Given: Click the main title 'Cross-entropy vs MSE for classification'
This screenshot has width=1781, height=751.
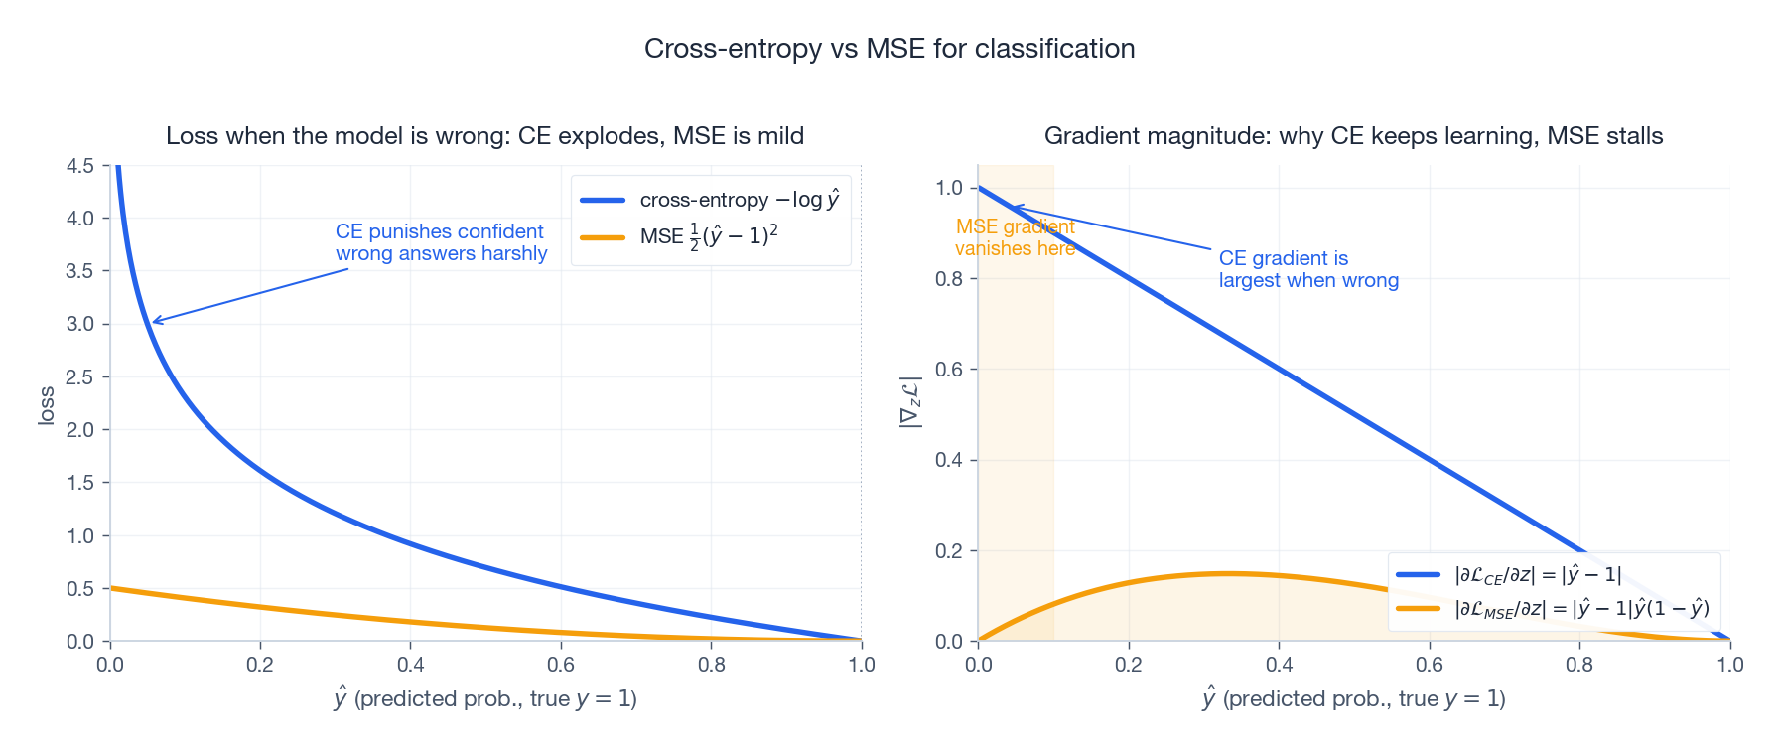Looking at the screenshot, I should (889, 48).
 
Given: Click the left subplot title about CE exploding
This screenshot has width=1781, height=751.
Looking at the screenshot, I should (484, 136).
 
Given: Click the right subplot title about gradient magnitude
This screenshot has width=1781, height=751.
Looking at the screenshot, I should (1353, 136).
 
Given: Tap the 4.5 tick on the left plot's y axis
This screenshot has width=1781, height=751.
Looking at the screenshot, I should (80, 166).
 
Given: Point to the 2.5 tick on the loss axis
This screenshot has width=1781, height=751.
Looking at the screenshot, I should (80, 377).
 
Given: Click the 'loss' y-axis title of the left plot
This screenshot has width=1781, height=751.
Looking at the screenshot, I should (46, 406).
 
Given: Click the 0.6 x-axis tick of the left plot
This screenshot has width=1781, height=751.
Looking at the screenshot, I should (561, 665).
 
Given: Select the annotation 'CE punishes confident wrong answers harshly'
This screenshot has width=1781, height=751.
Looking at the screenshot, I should (441, 242).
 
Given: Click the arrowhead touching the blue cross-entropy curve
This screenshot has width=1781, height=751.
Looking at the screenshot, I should (155, 322).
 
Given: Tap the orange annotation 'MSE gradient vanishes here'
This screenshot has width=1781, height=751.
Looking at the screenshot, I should (1015, 237).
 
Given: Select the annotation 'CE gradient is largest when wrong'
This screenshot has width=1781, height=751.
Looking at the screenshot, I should (1307, 269).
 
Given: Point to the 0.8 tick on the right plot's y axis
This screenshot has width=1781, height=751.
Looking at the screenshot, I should (949, 279).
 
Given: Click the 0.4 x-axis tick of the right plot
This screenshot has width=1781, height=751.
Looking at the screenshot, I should (1279, 665).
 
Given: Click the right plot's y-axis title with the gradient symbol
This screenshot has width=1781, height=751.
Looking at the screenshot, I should (910, 402).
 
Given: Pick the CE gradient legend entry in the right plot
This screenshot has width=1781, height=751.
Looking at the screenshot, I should (1537, 574).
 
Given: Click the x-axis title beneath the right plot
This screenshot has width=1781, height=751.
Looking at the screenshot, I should (1353, 699).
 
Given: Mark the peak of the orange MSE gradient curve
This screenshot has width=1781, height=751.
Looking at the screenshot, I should (1229, 573).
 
